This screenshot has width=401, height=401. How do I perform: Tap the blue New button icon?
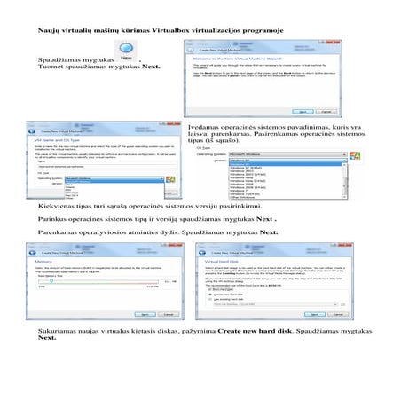pyautogui.click(x=128, y=56)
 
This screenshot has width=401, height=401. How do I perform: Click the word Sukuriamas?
pyautogui.click(x=59, y=355)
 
